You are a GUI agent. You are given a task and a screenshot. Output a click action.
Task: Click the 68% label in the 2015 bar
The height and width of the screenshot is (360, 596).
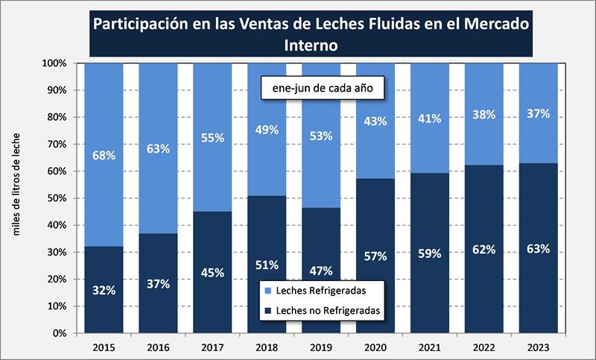[104, 156]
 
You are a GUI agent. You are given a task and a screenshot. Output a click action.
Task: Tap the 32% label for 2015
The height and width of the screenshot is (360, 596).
[104, 290]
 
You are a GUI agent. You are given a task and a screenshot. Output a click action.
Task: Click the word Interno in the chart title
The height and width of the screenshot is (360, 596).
[311, 44]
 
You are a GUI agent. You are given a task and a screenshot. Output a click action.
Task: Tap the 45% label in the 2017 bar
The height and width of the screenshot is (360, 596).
[212, 272]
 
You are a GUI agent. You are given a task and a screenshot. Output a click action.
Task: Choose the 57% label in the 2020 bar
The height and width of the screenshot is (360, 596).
[376, 256]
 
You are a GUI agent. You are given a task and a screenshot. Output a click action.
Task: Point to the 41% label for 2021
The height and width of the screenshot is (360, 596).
[429, 119]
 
